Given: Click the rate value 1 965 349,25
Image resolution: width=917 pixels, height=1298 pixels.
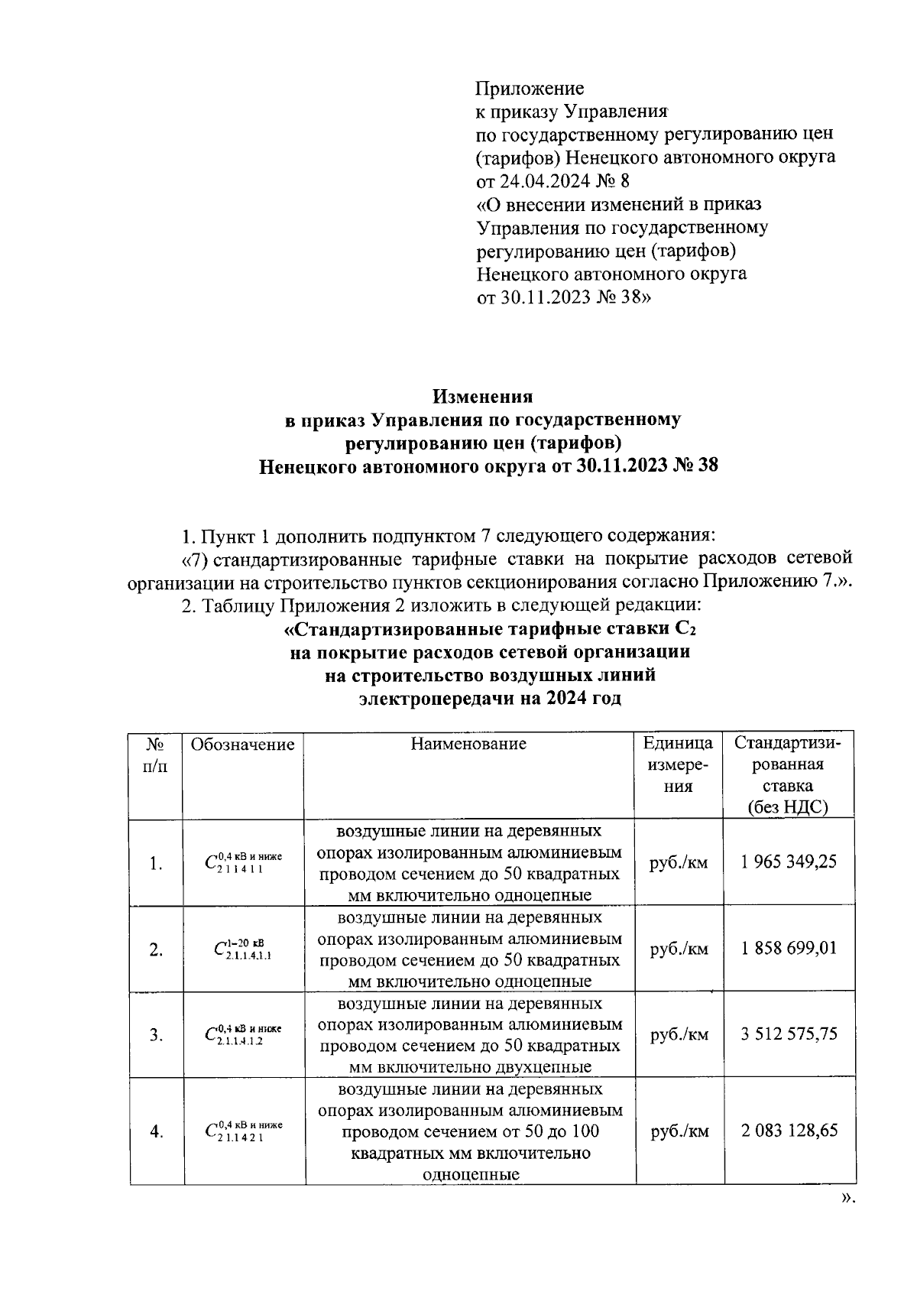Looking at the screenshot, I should click(789, 862).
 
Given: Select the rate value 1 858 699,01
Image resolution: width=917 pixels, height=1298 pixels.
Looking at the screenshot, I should click(789, 949).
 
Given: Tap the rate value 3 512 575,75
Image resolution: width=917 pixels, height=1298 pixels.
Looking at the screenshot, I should click(789, 1034).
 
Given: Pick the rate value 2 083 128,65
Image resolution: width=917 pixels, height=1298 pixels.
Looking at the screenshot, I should click(789, 1130).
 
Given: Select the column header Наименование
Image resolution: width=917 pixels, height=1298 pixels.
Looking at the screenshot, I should click(468, 744).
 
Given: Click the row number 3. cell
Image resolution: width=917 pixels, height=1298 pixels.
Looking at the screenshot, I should click(156, 1035).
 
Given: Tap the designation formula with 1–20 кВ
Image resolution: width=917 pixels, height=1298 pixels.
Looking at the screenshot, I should click(243, 949).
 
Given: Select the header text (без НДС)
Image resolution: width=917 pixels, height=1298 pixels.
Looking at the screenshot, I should click(788, 807).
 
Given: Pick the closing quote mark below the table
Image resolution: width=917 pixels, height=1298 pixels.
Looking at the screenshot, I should click(845, 1198).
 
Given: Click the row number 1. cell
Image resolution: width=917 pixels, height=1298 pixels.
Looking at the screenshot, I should click(156, 864).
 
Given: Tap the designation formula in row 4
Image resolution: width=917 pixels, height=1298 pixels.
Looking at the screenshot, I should click(243, 1130).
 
